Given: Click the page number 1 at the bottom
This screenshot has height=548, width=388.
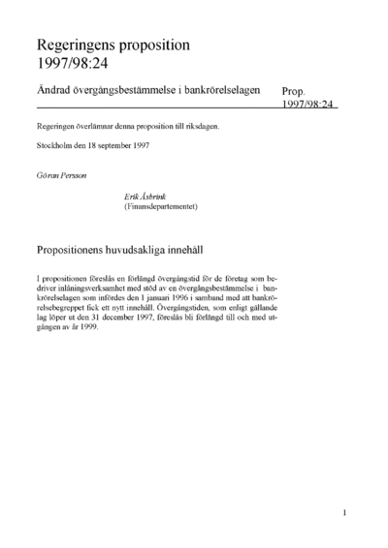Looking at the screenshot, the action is [x=345, y=512].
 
